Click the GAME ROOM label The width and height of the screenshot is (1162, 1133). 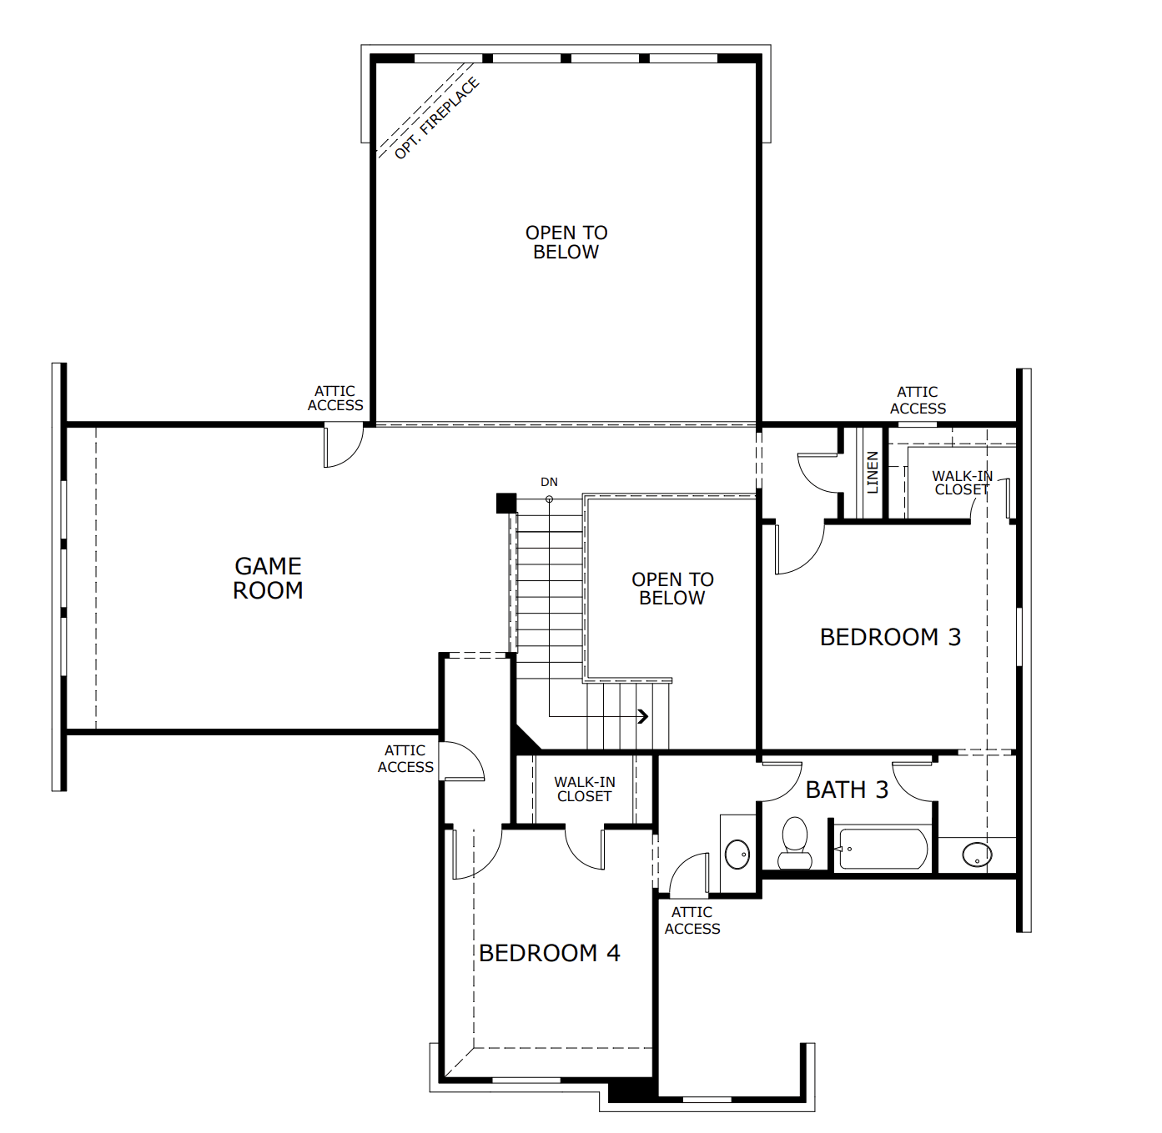pyautogui.click(x=268, y=578)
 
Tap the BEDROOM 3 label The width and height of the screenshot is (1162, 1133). pyautogui.click(x=890, y=637)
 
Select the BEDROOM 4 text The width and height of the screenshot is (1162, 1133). pyautogui.click(x=549, y=953)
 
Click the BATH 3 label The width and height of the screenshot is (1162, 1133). pyautogui.click(x=847, y=790)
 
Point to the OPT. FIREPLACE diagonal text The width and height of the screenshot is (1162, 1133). pyautogui.click(x=436, y=118)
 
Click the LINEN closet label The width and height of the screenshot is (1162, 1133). pyautogui.click(x=873, y=472)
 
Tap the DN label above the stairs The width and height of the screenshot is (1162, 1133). pyautogui.click(x=549, y=482)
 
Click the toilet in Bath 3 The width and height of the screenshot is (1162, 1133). pyautogui.click(x=794, y=844)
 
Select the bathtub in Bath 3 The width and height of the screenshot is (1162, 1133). pyautogui.click(x=883, y=849)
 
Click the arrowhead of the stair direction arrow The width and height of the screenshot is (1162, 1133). pyautogui.click(x=643, y=715)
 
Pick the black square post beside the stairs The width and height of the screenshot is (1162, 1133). pyautogui.click(x=506, y=503)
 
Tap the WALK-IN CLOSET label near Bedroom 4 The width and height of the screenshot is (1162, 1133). pyautogui.click(x=585, y=789)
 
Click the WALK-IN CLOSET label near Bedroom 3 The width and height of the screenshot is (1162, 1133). pyautogui.click(x=962, y=483)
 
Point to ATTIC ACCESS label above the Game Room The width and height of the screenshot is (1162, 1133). pyautogui.click(x=335, y=398)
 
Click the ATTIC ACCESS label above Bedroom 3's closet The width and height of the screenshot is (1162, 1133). pyautogui.click(x=918, y=400)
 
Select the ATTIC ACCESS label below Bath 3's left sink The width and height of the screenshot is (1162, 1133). pyautogui.click(x=692, y=920)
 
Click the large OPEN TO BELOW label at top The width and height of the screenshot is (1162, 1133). pyautogui.click(x=566, y=242)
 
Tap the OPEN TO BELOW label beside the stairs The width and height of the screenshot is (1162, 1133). pyautogui.click(x=672, y=589)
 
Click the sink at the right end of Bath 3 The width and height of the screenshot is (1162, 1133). pyautogui.click(x=976, y=855)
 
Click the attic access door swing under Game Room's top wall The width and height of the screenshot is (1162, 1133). pyautogui.click(x=342, y=446)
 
